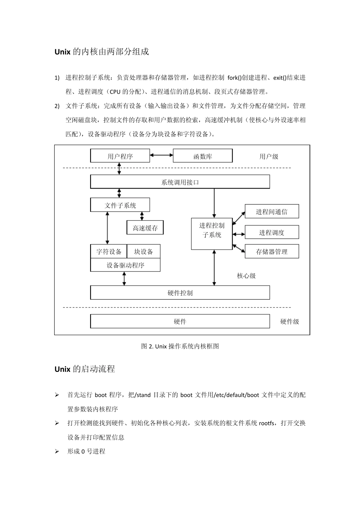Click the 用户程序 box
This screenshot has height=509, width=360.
click(120, 156)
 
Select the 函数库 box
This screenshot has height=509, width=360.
click(202, 156)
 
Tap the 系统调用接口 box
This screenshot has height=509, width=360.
click(180, 182)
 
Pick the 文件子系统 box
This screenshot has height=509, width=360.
click(120, 205)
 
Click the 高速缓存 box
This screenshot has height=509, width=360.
click(145, 228)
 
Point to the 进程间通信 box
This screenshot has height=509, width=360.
click(272, 212)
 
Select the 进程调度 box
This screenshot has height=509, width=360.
click(272, 233)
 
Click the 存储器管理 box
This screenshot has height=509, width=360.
click(272, 251)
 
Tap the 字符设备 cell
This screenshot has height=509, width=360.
click(109, 251)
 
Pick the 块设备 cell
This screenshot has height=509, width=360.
click(144, 251)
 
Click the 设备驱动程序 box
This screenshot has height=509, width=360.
click(125, 265)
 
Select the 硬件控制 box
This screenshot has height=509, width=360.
click(180, 293)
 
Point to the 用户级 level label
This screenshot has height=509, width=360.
click(269, 156)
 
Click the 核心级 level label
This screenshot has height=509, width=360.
click(246, 276)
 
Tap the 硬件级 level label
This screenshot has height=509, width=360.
click(290, 322)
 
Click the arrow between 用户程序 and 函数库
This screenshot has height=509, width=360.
click(161, 155)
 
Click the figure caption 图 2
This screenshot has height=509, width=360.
click(180, 346)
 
